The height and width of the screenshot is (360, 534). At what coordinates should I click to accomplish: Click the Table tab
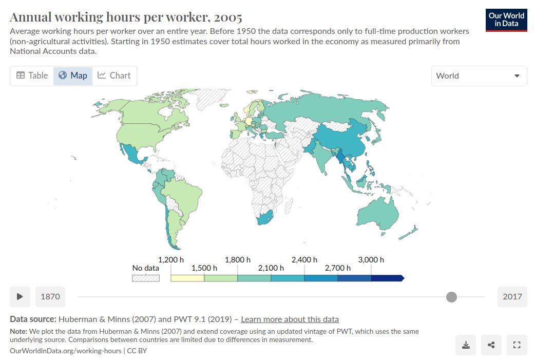tap(32, 75)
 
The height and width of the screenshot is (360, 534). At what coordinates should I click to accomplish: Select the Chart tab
tap(114, 75)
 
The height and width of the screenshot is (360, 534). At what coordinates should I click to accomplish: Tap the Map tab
tap(73, 75)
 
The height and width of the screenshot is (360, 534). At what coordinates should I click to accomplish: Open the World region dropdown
tap(479, 76)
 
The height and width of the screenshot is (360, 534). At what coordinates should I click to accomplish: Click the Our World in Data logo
tap(506, 20)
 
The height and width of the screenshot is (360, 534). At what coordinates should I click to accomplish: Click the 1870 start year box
tap(50, 296)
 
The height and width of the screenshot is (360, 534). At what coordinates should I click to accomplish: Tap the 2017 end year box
tap(512, 296)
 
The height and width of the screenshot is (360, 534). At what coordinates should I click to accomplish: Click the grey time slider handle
tap(451, 296)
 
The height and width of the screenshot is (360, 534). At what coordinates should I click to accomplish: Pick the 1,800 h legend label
tap(238, 260)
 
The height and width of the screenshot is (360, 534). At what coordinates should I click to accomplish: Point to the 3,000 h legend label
tap(371, 260)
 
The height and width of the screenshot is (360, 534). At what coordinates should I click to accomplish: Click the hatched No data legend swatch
tap(146, 278)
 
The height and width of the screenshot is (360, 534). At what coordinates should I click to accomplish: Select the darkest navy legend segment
tap(387, 278)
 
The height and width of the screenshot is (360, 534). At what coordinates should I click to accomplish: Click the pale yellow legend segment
tap(187, 278)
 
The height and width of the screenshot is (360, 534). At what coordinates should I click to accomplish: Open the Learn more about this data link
tap(290, 319)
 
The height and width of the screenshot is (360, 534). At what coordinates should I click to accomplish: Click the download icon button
tap(466, 345)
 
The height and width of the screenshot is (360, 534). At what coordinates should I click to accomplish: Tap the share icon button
tap(491, 345)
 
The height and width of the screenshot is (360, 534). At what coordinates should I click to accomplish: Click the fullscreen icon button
tap(517, 345)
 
